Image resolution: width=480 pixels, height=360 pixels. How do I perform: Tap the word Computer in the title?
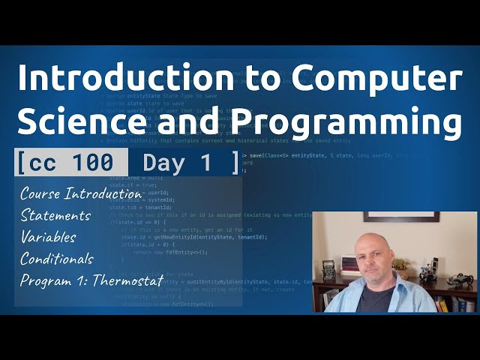[378, 77]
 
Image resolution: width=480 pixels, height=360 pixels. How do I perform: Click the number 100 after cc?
[94, 162]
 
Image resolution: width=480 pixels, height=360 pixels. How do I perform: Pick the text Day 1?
[177, 162]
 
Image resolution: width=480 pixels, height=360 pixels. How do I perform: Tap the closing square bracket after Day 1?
[235, 162]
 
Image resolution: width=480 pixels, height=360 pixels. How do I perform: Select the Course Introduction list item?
[81, 193]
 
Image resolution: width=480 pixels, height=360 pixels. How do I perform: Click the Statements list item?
[55, 215]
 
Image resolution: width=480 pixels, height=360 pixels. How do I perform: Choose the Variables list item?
[49, 237]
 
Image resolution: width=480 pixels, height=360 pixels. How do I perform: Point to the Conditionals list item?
[57, 259]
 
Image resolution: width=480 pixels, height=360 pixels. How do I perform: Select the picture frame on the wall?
[401, 217]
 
